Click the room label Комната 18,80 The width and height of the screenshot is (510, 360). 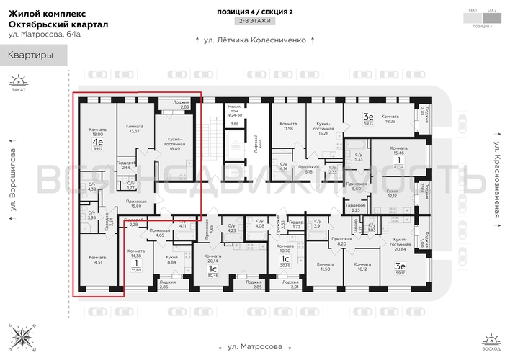(97, 131)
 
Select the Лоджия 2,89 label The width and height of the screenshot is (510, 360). (182, 104)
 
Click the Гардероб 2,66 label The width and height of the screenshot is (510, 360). (127, 165)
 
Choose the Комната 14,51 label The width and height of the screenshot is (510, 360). (97, 259)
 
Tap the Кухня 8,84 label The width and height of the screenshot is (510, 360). (172, 259)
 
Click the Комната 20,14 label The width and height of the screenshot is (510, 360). (212, 259)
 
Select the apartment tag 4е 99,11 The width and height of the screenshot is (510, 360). (97, 145)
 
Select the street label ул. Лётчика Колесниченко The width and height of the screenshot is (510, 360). (251, 41)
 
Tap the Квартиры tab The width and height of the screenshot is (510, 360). (30, 55)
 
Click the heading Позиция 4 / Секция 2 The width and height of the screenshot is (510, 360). (250, 12)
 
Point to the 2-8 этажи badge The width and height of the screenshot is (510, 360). (249, 22)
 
